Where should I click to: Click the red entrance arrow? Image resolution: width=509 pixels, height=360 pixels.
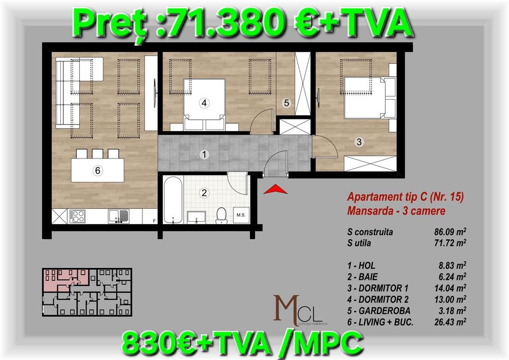pos(275,189)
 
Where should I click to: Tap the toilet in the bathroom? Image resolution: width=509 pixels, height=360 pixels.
pos(221,215)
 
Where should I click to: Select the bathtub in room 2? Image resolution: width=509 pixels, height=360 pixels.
pos(173,200)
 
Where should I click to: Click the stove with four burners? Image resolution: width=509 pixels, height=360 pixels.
pos(78,216)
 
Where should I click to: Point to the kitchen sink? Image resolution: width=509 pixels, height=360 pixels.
pos(118,217)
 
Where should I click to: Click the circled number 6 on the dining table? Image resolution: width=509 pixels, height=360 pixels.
pos(98,170)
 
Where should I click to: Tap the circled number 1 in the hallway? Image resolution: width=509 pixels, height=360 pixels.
pos(204,154)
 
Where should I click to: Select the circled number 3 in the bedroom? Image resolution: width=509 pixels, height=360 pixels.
pos(359,142)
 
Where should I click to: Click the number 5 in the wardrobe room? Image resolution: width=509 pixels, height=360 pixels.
pos(286,103)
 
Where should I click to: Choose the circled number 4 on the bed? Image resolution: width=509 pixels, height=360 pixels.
pos(204,103)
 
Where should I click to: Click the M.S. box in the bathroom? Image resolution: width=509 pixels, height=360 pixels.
pos(241,215)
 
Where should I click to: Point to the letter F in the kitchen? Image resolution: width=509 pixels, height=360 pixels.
pos(154,221)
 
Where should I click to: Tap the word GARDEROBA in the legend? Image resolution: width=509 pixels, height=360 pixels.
pos(385,311)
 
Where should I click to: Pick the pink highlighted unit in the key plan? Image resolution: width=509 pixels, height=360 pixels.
pos(65,278)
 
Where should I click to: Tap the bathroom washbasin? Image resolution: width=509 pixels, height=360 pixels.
pos(196,217)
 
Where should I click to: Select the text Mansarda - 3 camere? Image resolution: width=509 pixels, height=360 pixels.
pos(396,211)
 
